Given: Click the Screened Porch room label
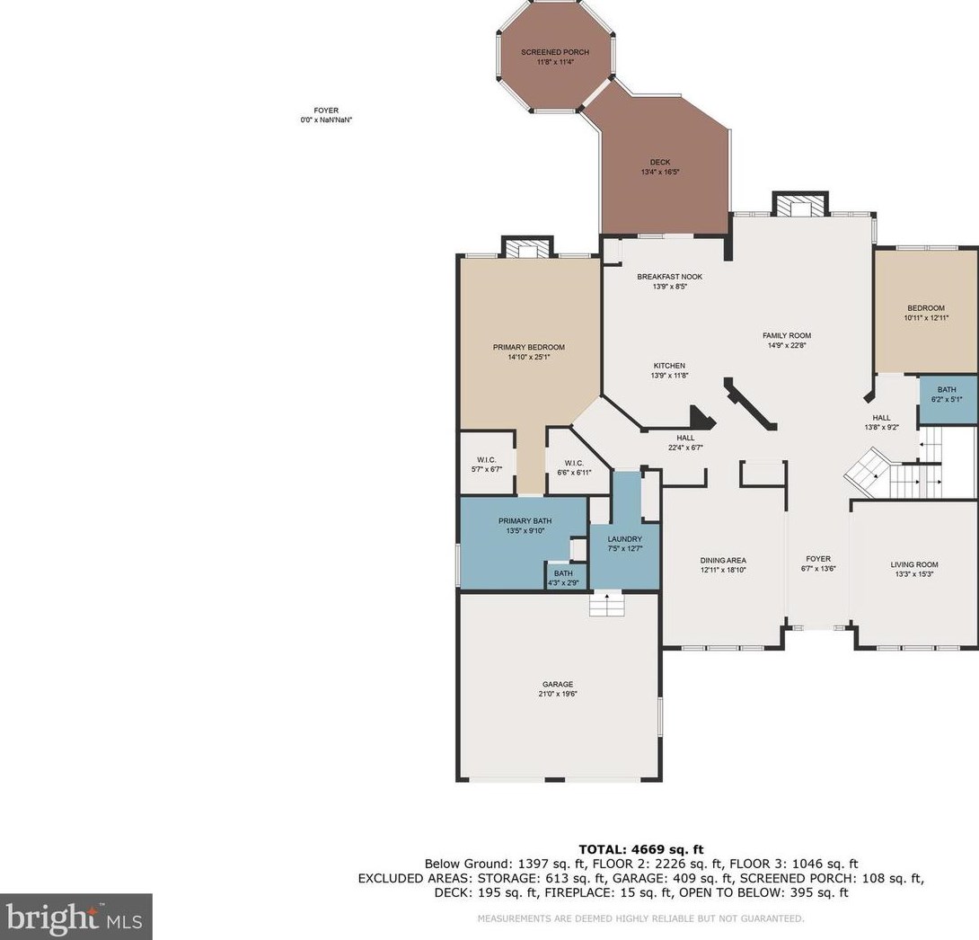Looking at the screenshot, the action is coord(555,52).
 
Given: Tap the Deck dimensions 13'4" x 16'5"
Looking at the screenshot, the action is coord(660,172).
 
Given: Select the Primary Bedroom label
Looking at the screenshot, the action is coord(529,347).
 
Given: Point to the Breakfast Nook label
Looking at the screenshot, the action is coord(669,277).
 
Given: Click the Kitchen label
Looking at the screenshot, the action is coord(669,366).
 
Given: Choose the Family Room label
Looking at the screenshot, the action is coord(787,335).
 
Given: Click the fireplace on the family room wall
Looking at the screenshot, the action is coord(800,205).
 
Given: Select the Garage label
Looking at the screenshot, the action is coord(558,685).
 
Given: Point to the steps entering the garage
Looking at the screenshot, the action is coord(607,605).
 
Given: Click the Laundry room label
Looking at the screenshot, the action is coord(624,539).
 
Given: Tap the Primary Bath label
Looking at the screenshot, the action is coord(525,521).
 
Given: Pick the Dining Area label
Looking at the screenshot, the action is coord(723,560).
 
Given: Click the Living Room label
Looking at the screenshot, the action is coord(914,564).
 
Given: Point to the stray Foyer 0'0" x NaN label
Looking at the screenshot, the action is coord(326,116).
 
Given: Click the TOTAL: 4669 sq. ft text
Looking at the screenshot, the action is coord(641,849).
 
